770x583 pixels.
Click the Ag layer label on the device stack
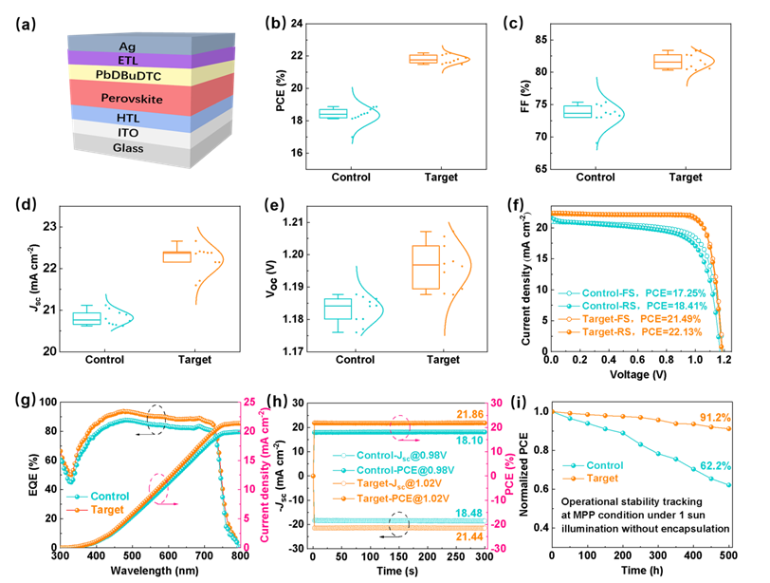coord(126,46)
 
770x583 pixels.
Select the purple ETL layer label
coord(127,60)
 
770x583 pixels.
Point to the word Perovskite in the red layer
coord(128,98)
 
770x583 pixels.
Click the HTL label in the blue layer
coord(127,118)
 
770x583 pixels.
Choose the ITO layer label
coord(127,133)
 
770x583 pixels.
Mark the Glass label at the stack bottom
coord(127,148)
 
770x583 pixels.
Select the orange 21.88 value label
coord(467,414)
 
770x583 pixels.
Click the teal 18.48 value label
coord(467,513)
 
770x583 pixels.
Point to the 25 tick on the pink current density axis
coord(248,401)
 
